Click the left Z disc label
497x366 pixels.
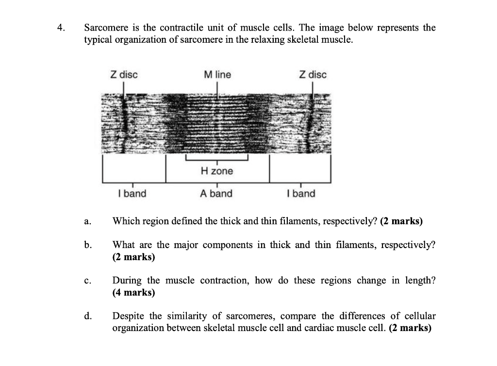click(124, 75)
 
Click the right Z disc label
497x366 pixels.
click(313, 75)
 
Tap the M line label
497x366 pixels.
click(217, 75)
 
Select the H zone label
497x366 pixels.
click(216, 171)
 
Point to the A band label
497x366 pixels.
click(216, 194)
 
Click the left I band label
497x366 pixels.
click(132, 194)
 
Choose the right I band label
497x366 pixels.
click(301, 194)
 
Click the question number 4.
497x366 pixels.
click(60, 28)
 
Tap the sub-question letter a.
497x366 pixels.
click(86, 222)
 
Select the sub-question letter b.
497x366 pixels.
click(87, 245)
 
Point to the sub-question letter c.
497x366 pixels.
click(86, 281)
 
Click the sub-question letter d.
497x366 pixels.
click(87, 316)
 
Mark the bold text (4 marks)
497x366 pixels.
click(134, 293)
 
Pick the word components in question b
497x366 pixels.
click(228, 245)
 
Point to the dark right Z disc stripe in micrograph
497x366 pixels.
click(314, 123)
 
